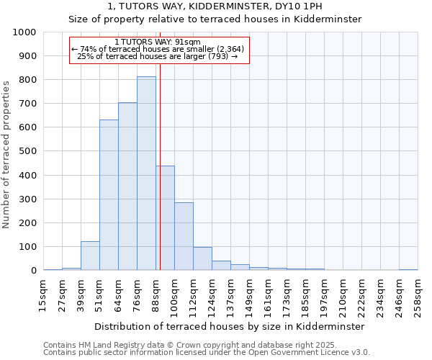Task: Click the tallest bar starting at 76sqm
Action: coord(146,173)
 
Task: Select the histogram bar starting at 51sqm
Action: coord(109,194)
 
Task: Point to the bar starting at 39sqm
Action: coord(90,256)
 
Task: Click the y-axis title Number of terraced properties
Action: coord(6,154)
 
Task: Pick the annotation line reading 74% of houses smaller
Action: coord(158,49)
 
